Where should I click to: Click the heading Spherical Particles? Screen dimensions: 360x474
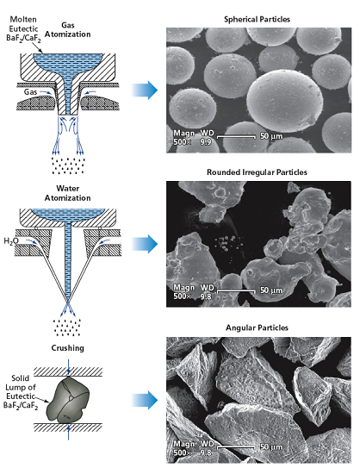257,20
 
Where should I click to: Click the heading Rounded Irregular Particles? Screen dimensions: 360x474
257,172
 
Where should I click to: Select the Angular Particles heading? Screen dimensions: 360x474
257,328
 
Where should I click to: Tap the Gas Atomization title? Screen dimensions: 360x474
68,29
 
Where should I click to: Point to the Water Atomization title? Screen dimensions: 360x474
68,193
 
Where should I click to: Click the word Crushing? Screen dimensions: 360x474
68,348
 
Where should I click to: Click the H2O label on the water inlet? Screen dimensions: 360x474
11,241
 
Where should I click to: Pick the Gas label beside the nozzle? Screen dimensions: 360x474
30,91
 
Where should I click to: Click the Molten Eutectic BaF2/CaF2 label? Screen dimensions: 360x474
23,29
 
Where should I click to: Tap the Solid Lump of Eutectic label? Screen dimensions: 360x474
21,392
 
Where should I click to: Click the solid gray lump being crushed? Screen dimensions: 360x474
68,399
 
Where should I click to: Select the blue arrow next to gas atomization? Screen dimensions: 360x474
145,90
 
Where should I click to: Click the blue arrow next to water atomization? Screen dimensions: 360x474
145,244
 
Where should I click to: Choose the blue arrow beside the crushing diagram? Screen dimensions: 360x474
145,400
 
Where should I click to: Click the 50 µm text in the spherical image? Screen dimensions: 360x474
271,136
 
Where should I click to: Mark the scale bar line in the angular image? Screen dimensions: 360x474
236,447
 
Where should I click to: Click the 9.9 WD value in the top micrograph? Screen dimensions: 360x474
205,141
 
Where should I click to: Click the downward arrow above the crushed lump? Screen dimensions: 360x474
69,368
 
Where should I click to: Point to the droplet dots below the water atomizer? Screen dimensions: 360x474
67,327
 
